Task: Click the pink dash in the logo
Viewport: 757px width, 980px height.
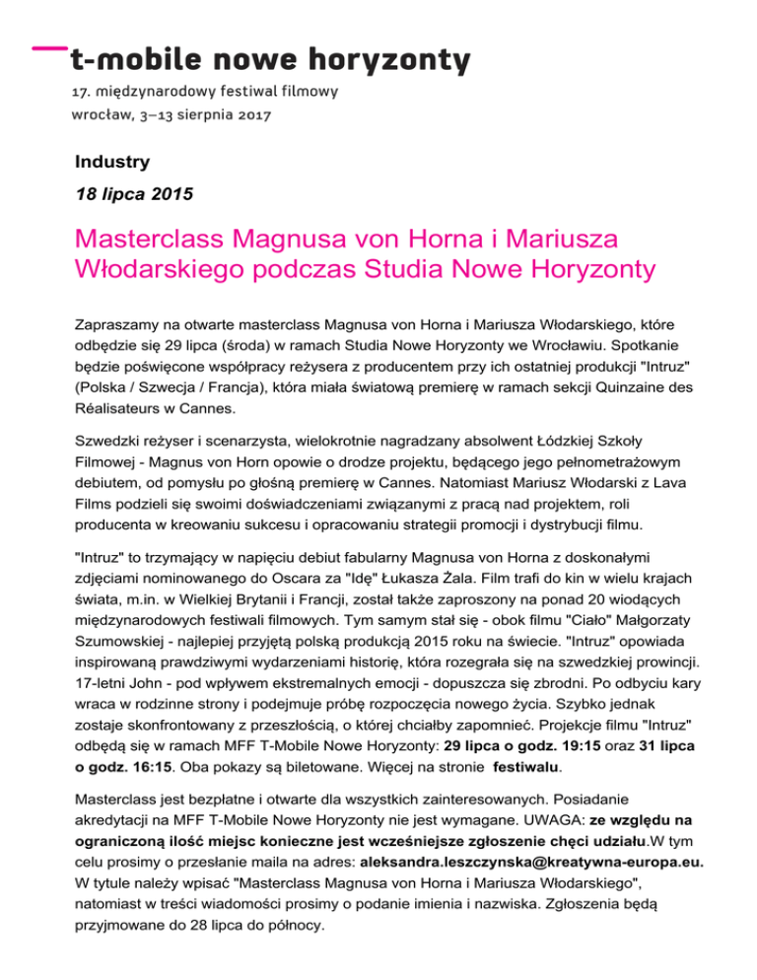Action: (x=48, y=46)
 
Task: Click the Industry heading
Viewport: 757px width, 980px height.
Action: (x=112, y=160)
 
